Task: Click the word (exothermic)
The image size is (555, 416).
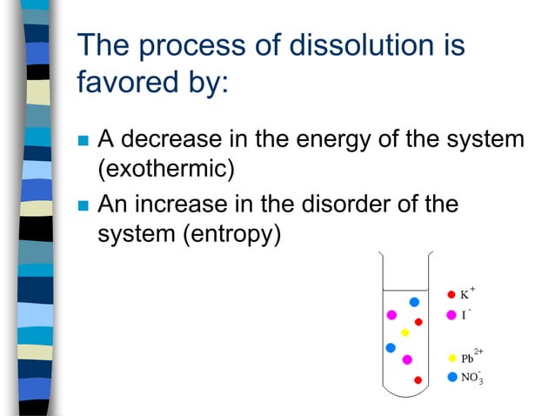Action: point(164,168)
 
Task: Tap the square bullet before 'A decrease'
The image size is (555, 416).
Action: point(84,141)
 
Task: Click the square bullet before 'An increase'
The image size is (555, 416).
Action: point(84,207)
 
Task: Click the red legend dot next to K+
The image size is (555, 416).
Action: point(451,294)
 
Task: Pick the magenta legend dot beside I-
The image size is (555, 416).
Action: point(451,315)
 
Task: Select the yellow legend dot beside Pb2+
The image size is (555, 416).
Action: point(451,358)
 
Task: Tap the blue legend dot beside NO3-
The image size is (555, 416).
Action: point(451,377)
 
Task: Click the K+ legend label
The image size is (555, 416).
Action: point(467,293)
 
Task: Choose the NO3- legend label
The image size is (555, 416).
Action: point(471,378)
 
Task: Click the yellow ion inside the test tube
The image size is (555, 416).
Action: point(405,332)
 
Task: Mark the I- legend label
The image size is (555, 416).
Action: point(465,314)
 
